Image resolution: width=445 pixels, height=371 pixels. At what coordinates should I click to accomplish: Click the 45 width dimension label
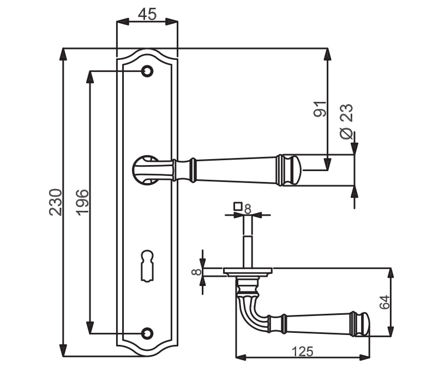(x=148, y=14)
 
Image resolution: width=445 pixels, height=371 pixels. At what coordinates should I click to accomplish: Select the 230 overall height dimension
(x=55, y=202)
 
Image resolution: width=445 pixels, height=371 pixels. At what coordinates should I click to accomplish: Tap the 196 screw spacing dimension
(x=83, y=202)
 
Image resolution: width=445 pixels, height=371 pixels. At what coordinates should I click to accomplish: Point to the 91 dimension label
(x=320, y=109)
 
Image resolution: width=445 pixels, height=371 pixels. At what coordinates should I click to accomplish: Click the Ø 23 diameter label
(x=346, y=121)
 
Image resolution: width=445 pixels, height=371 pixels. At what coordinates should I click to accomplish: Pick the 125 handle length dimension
(x=303, y=351)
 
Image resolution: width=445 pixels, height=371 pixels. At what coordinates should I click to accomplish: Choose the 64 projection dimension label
(x=384, y=302)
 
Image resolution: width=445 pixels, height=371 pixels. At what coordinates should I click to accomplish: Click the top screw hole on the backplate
(x=147, y=71)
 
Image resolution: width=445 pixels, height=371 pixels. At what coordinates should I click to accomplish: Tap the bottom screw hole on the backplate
(x=147, y=333)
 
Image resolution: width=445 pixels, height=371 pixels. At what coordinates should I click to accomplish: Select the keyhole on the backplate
(x=147, y=265)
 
